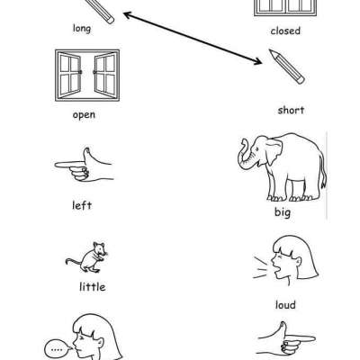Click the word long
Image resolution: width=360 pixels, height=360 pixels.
point(82,29)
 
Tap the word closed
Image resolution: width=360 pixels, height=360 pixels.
point(285,31)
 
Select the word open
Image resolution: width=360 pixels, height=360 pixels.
point(84,115)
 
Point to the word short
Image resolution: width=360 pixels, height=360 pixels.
point(291,110)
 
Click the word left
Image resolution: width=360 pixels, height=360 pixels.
point(82,205)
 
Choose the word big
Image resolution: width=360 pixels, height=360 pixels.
point(283,212)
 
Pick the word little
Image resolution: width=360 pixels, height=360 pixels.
point(93,287)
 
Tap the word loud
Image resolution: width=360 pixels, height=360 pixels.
point(285,305)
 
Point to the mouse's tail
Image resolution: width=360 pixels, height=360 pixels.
point(74,261)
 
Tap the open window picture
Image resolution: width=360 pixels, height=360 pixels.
point(87,76)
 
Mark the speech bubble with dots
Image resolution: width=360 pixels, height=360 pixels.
point(58,349)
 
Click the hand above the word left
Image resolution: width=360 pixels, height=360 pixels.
point(84,166)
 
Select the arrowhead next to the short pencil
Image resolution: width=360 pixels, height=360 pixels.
point(256,60)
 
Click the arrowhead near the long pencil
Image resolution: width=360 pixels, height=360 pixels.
point(129,14)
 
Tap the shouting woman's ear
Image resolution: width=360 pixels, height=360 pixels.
point(298,262)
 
